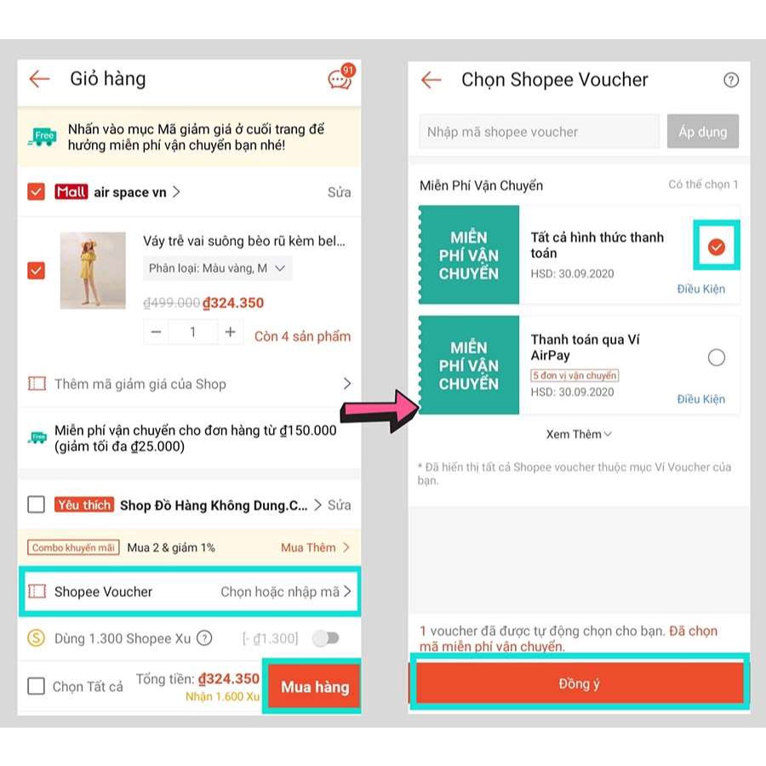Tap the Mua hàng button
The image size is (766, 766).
point(315,686)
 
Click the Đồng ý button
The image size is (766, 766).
point(580,683)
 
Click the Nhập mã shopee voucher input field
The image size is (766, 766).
point(539,131)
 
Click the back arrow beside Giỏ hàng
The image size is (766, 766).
point(39,78)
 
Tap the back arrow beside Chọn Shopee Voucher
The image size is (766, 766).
point(431,80)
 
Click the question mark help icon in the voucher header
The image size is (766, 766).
point(731,80)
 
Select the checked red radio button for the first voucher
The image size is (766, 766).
point(716,247)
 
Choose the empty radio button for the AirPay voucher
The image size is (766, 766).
point(716,357)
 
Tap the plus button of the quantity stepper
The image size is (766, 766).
point(230,332)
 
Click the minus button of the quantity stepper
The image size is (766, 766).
point(156,332)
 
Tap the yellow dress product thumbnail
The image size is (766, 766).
point(93,270)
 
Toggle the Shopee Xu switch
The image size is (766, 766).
point(326,638)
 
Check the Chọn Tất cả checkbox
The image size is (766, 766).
point(36,686)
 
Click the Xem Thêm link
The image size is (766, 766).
point(579,434)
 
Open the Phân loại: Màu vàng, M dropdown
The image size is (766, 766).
point(217,268)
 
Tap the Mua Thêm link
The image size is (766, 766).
point(315,547)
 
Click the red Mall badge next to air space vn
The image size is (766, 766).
point(71,191)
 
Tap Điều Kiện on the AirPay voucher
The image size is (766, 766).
point(700,399)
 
